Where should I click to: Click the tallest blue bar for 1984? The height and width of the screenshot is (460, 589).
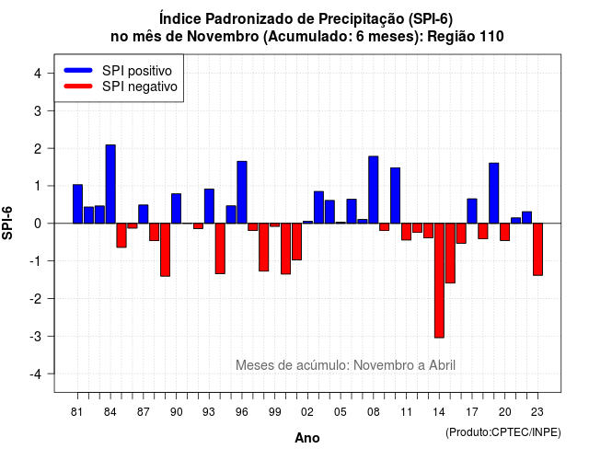(110, 184)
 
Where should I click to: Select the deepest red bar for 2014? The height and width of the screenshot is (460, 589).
(439, 281)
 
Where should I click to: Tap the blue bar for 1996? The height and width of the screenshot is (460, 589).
(242, 192)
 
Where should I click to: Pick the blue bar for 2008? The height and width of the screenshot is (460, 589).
(374, 190)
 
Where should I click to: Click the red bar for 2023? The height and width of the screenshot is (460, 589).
(537, 249)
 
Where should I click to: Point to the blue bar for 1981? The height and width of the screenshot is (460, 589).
(77, 204)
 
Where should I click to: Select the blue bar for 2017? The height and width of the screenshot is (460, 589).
(472, 211)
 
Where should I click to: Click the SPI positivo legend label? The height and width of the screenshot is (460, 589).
(137, 71)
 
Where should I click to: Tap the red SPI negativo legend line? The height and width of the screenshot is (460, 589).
(78, 86)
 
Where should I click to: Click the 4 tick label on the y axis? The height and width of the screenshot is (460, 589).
(38, 74)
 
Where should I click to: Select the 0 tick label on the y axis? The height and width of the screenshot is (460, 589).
(38, 224)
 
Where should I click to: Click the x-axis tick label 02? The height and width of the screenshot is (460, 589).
(307, 412)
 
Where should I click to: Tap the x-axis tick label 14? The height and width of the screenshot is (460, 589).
(439, 412)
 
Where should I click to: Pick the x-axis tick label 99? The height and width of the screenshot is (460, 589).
(274, 412)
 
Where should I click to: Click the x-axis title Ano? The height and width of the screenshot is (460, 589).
(307, 438)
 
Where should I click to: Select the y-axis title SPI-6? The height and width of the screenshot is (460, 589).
(7, 223)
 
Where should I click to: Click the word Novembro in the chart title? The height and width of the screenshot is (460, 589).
(223, 37)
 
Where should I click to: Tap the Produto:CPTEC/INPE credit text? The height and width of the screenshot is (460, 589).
(503, 432)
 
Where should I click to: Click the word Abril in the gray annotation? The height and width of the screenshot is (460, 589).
(442, 365)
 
